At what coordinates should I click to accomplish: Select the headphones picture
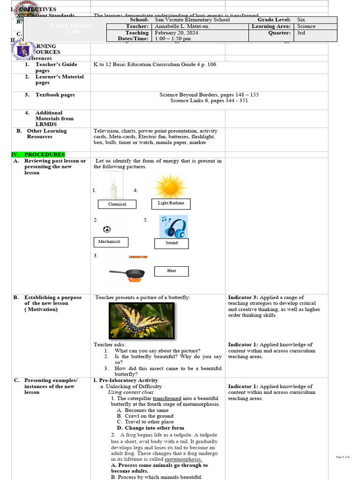[x=173, y=226]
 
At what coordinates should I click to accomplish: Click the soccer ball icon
[x=107, y=229]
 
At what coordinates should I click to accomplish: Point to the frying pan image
[x=127, y=275]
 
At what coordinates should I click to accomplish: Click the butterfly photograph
[x=142, y=321]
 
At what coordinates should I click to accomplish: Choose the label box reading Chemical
[x=117, y=204]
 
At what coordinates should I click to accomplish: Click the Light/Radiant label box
[x=171, y=203]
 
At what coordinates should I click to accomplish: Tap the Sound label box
[x=172, y=243]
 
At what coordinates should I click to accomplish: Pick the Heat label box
[x=172, y=271]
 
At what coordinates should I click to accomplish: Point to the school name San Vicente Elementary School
[x=192, y=20]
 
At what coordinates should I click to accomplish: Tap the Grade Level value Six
[x=301, y=20]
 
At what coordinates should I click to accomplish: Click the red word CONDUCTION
[x=138, y=257]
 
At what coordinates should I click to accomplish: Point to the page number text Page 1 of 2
[x=343, y=457]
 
